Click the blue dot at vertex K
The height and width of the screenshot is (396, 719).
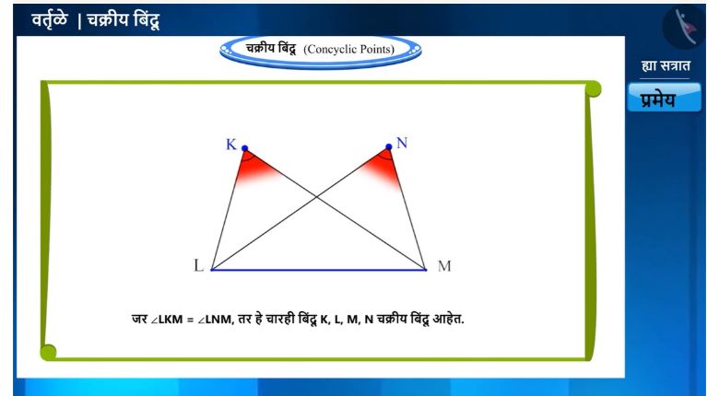pos(245,148)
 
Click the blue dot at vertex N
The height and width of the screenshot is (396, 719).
pos(389,146)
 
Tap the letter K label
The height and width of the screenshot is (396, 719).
pos(231,145)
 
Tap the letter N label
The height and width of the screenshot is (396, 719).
pos(402,143)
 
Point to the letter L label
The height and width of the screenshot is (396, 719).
pos(198,265)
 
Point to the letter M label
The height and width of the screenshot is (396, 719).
pos(444,266)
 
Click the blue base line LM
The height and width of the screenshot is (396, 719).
pos(319,270)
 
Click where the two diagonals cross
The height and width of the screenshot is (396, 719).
pos(316,197)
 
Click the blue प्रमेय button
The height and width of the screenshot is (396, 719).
pos(665,98)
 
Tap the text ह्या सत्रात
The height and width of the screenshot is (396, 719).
pos(666,66)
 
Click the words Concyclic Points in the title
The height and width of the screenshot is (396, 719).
pos(349,50)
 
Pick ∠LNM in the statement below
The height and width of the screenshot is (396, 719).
pos(216,319)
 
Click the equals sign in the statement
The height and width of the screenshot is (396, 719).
pos(190,320)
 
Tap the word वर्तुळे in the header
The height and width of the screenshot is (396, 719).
pos(50,19)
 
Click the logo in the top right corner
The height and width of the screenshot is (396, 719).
pos(684,27)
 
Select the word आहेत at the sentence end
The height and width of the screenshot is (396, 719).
pos(448,319)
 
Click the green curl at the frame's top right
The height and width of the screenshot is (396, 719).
pos(593,88)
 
